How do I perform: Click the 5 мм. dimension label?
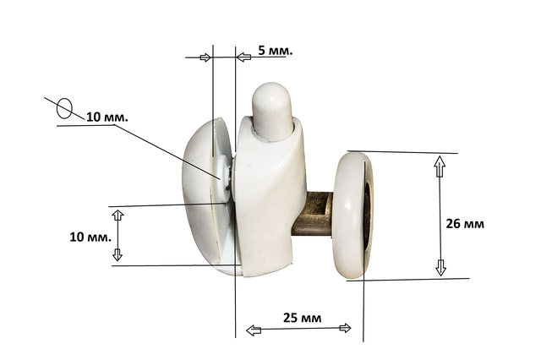[x=276, y=51]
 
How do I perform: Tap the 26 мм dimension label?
[x=465, y=224]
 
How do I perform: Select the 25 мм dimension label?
[x=303, y=318]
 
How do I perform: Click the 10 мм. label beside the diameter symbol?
[x=107, y=117]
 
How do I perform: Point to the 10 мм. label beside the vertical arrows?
[x=90, y=237]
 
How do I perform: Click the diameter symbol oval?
[x=64, y=108]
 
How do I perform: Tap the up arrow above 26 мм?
[x=440, y=166]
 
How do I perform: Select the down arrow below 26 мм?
[x=440, y=268]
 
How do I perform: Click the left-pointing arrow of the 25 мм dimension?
[x=254, y=330]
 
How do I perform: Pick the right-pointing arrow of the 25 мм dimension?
[x=345, y=328]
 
